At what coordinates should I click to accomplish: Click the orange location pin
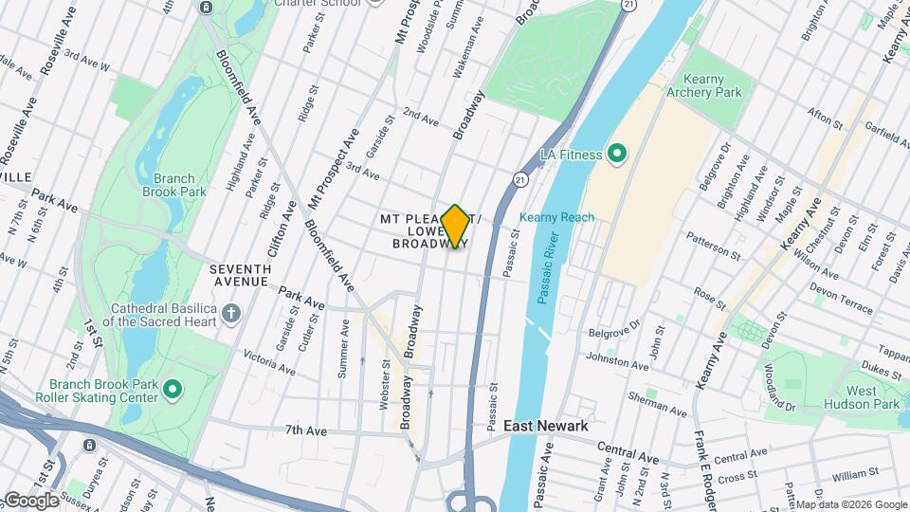(455, 226)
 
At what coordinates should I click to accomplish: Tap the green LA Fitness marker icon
(617, 153)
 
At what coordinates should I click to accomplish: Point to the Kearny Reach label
(556, 217)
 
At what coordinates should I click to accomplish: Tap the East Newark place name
(545, 426)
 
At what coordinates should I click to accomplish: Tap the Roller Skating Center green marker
(172, 389)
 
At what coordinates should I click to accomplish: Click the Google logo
(31, 500)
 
